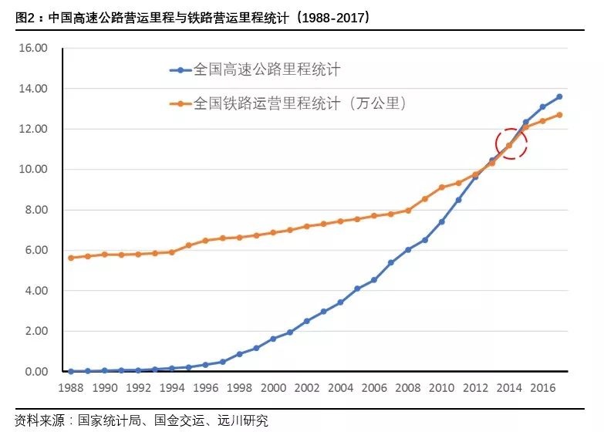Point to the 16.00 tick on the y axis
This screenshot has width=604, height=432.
33,48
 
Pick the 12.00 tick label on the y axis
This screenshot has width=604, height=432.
33,129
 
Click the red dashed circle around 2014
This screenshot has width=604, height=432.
510,143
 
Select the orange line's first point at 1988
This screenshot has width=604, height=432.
71,258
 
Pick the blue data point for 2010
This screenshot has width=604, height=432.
442,221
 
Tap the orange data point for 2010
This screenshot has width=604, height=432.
442,187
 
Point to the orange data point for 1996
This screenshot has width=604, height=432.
206,241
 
